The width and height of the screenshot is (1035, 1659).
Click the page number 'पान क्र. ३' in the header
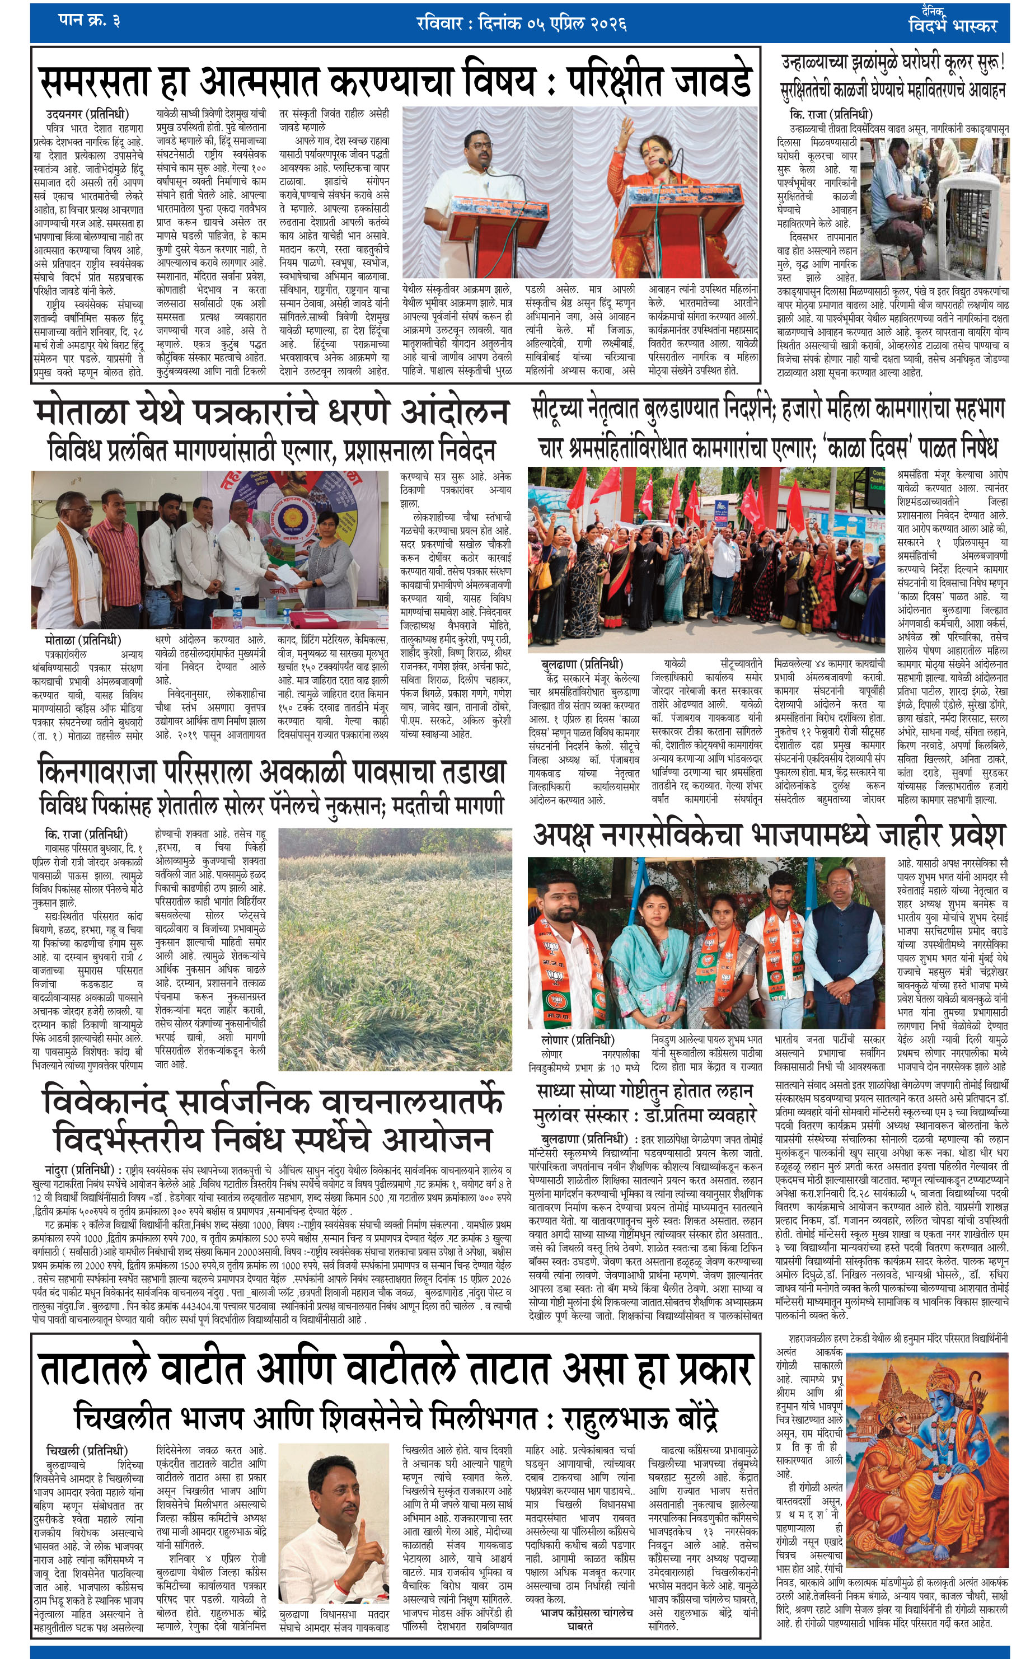click(x=89, y=21)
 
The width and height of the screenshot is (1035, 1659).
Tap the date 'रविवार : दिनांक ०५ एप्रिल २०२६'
click(x=522, y=24)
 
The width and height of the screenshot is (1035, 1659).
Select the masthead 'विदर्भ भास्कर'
click(x=952, y=25)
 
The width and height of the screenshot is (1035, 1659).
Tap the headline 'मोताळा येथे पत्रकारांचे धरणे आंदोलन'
click(x=271, y=412)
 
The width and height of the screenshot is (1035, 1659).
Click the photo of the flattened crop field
click(x=395, y=949)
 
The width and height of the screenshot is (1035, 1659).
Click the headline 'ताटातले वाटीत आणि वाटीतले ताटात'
click(x=396, y=1369)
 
